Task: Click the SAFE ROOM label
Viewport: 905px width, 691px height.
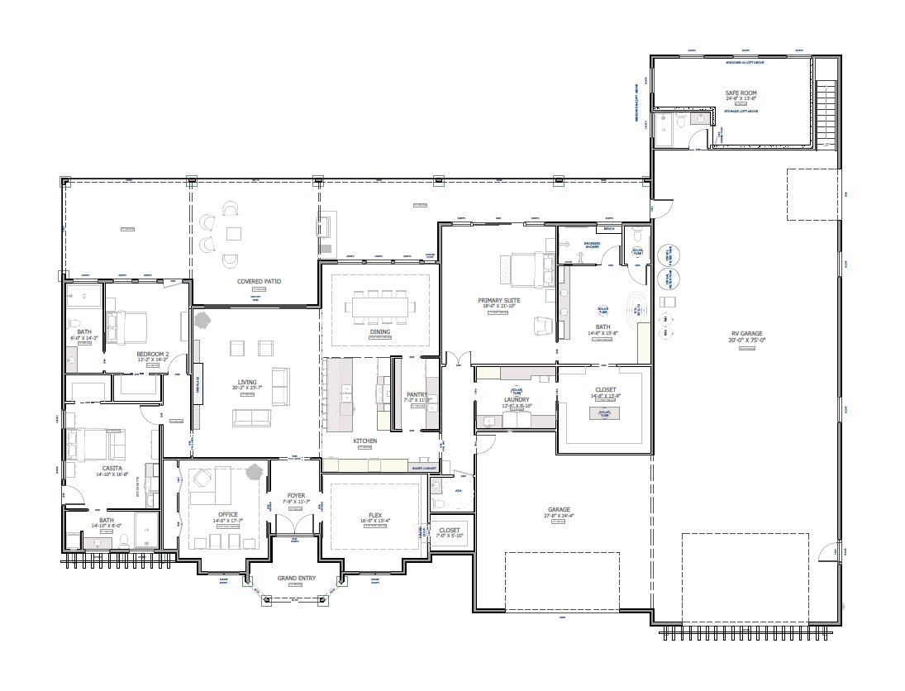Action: pyautogui.click(x=741, y=93)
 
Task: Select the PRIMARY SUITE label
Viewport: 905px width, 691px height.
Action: pyautogui.click(x=498, y=300)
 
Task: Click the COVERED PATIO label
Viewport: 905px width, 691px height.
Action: pyautogui.click(x=259, y=281)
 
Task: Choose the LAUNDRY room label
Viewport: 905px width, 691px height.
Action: pyautogui.click(x=516, y=399)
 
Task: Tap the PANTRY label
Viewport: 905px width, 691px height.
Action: pyautogui.click(x=417, y=395)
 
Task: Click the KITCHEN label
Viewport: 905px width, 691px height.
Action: pyautogui.click(x=365, y=441)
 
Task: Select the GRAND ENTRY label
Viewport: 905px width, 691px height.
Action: pyautogui.click(x=295, y=577)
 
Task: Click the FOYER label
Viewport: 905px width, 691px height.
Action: pyautogui.click(x=296, y=496)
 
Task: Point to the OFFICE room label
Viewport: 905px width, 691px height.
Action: pyautogui.click(x=227, y=514)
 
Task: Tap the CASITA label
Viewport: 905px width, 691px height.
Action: pyautogui.click(x=112, y=468)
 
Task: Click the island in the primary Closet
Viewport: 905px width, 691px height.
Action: pyautogui.click(x=604, y=412)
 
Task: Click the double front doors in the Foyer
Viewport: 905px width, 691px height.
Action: pyautogui.click(x=295, y=524)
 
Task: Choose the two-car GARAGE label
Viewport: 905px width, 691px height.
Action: pyautogui.click(x=558, y=510)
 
